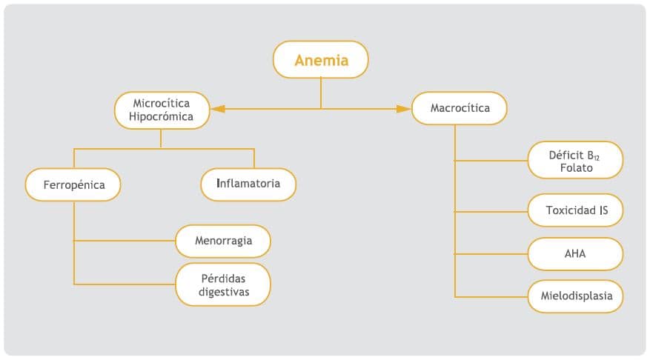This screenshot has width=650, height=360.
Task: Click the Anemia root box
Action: (321, 60)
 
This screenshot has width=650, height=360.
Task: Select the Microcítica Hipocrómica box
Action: (162, 110)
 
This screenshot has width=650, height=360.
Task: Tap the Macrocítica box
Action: (460, 108)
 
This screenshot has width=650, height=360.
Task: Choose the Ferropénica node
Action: (73, 184)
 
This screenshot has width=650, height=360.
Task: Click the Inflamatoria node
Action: (248, 184)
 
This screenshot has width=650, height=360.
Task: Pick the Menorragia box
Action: (223, 241)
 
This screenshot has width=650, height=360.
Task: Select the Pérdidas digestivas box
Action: (223, 284)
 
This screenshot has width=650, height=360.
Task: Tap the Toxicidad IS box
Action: (576, 210)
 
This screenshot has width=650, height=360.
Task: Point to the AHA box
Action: (576, 253)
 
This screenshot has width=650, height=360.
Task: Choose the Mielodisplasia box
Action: (576, 297)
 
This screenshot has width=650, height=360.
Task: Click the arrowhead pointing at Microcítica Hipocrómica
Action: (217, 109)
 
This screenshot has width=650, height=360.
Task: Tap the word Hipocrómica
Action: (161, 117)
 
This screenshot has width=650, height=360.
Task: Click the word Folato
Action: (577, 169)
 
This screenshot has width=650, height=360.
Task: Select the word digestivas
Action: (224, 292)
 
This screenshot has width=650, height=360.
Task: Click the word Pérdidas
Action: (223, 278)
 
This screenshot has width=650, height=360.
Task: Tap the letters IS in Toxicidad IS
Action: (603, 210)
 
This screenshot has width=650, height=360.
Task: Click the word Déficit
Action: (566, 155)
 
